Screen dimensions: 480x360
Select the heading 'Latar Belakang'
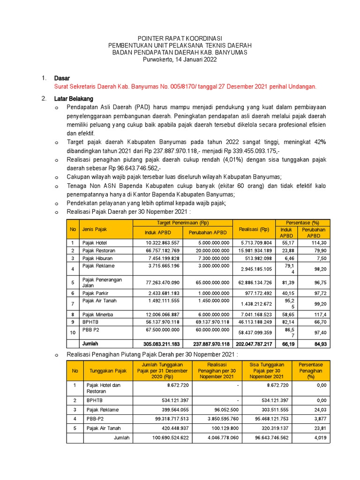coord(74,99)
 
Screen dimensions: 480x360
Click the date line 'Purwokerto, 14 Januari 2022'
coord(180,60)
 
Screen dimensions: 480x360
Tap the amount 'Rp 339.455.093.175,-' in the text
coord(252,151)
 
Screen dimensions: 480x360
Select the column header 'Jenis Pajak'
coord(95,229)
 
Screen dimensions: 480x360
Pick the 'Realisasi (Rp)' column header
coord(254,229)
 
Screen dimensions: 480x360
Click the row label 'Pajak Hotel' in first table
coord(95,243)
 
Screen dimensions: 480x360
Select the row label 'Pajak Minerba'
coord(97,315)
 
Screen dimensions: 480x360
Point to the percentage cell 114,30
coord(320,243)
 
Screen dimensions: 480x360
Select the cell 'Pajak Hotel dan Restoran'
coord(104,388)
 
